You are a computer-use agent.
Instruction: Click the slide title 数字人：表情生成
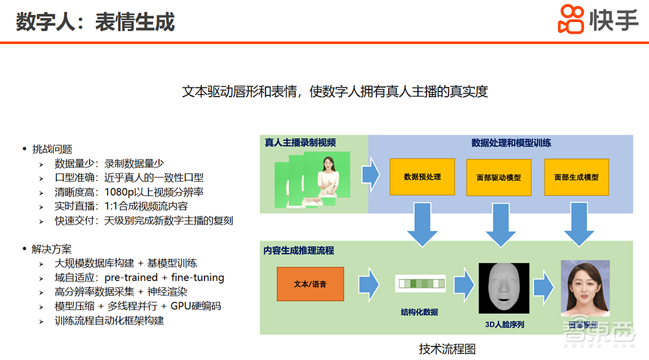click(95, 21)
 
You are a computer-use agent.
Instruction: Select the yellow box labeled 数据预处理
click(422, 176)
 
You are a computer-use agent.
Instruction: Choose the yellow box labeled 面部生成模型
click(576, 177)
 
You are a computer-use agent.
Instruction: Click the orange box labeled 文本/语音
click(310, 284)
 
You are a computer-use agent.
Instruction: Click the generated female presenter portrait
click(585, 287)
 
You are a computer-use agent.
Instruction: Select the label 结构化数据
click(419, 312)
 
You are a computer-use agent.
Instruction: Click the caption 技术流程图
click(447, 349)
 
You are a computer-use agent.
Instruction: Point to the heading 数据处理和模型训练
click(511, 143)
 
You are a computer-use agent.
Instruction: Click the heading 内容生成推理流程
click(299, 250)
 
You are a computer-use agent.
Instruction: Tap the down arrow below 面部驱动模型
click(499, 226)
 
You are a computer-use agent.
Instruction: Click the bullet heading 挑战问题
click(52, 149)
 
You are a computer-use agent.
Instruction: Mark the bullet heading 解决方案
click(52, 248)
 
